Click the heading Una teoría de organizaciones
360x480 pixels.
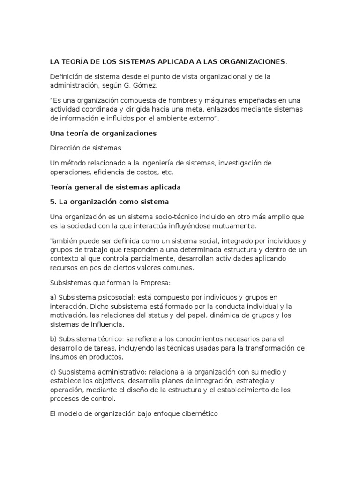tap(103, 133)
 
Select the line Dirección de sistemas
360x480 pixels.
tap(85, 148)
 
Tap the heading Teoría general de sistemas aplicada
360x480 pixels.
tap(115, 187)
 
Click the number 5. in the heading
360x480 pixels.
tap(53, 202)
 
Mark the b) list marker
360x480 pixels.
tap(53, 339)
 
